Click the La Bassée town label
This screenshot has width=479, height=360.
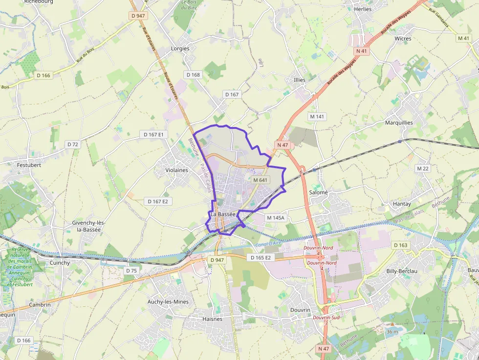tap(223, 214)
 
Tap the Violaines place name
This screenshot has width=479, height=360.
tap(177, 170)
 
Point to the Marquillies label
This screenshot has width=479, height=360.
tap(399, 123)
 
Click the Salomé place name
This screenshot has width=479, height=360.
tap(318, 192)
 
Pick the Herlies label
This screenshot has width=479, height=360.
tap(363, 9)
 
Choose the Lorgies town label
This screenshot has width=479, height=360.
tap(180, 48)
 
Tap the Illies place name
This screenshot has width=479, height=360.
tap(300, 80)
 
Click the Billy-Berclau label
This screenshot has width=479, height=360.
tap(401, 271)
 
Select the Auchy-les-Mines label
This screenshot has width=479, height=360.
tap(168, 302)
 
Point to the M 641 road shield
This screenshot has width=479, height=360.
tap(261, 180)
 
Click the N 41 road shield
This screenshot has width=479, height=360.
tap(361, 50)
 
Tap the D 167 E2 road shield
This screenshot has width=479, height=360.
tap(158, 201)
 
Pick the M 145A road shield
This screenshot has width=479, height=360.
tap(275, 217)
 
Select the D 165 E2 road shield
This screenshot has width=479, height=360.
tap(260, 257)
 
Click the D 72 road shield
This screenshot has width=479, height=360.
tap(72, 144)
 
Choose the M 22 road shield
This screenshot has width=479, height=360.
tap(423, 168)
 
